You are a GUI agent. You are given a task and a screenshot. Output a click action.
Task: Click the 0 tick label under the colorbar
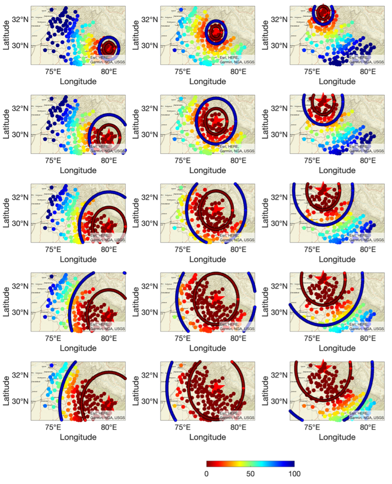[206, 473]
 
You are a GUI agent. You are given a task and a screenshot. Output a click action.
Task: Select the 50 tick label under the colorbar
[250, 473]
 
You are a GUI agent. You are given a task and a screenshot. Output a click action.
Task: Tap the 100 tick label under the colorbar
[294, 473]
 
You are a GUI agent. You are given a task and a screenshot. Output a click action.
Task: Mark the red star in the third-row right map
[323, 188]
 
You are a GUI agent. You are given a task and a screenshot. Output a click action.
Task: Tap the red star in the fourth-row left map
[109, 313]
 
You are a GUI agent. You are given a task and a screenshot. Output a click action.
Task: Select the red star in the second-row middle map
[216, 120]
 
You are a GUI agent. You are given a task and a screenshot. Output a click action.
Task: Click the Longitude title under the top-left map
[78, 81]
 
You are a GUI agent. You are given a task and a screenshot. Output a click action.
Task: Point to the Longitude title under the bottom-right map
[337, 437]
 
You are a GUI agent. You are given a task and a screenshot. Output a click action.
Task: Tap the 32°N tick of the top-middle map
[150, 19]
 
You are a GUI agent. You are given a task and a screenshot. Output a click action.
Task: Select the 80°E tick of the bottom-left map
[109, 427]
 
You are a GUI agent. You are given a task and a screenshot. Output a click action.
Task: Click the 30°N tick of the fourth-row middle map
[150, 312]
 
